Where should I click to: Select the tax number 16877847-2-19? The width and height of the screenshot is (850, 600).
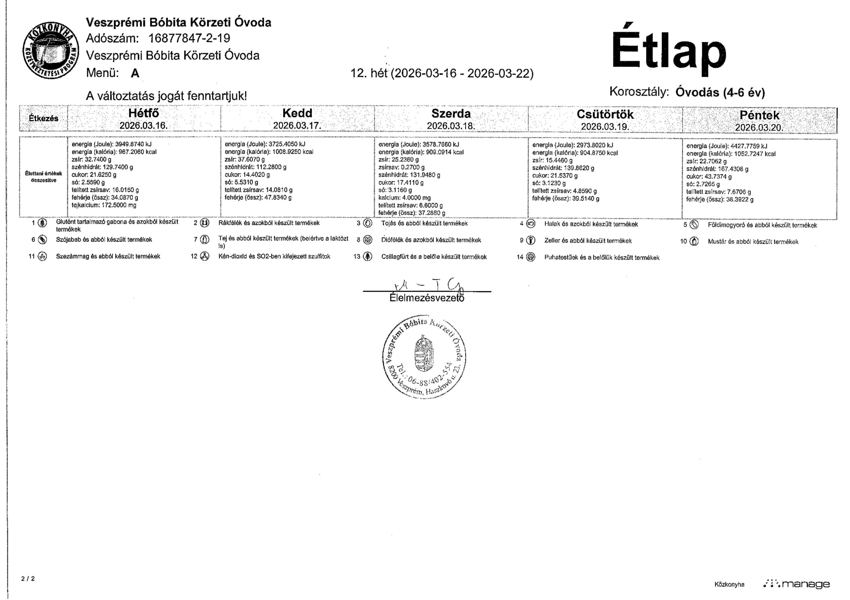189,38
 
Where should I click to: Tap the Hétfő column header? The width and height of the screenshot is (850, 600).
144,113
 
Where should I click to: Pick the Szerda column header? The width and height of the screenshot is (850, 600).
451,113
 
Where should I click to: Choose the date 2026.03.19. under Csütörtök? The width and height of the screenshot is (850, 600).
605,127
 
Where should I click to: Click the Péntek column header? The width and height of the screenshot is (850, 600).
759,115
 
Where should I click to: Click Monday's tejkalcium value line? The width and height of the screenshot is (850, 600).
104,205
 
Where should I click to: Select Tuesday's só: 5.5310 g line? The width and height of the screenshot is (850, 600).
241,182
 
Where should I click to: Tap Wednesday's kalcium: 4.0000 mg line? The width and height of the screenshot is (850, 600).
404,198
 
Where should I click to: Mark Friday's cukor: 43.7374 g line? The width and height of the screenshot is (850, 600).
709,177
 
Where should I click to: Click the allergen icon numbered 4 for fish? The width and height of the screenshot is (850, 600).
531,223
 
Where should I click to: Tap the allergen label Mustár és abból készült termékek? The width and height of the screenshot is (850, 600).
753,242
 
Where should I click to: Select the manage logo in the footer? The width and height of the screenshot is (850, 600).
796,584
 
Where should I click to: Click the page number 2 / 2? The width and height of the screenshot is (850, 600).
28,578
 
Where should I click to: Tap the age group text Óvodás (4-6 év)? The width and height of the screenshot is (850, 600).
720,92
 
